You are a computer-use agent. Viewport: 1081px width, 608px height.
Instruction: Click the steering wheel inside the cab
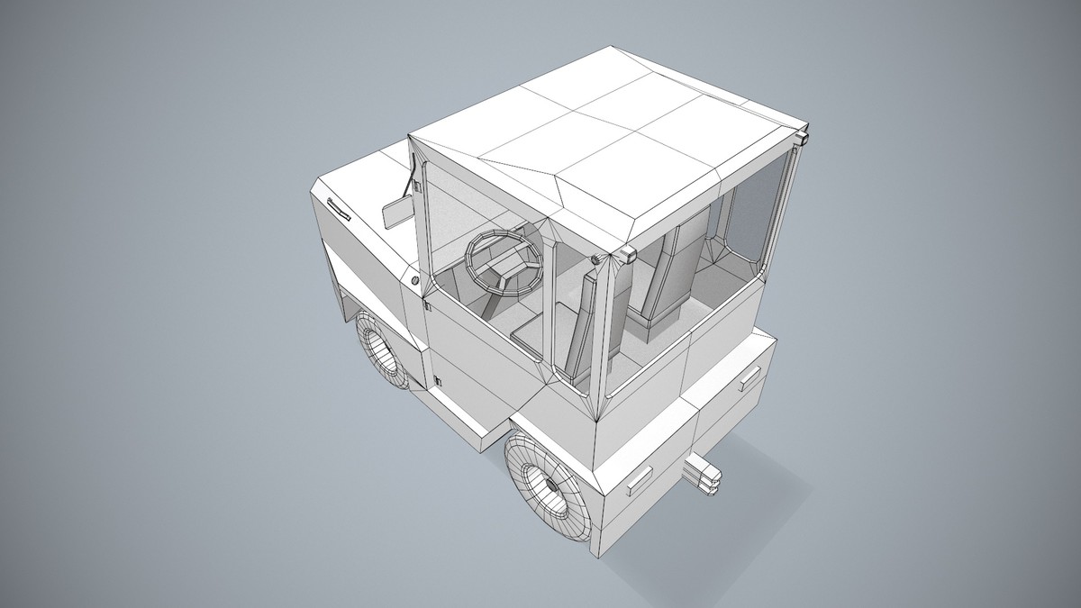[504, 260]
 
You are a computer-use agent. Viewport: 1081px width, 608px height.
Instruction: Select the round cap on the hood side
[414, 281]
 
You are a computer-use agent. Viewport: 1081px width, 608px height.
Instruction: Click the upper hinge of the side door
[428, 305]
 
